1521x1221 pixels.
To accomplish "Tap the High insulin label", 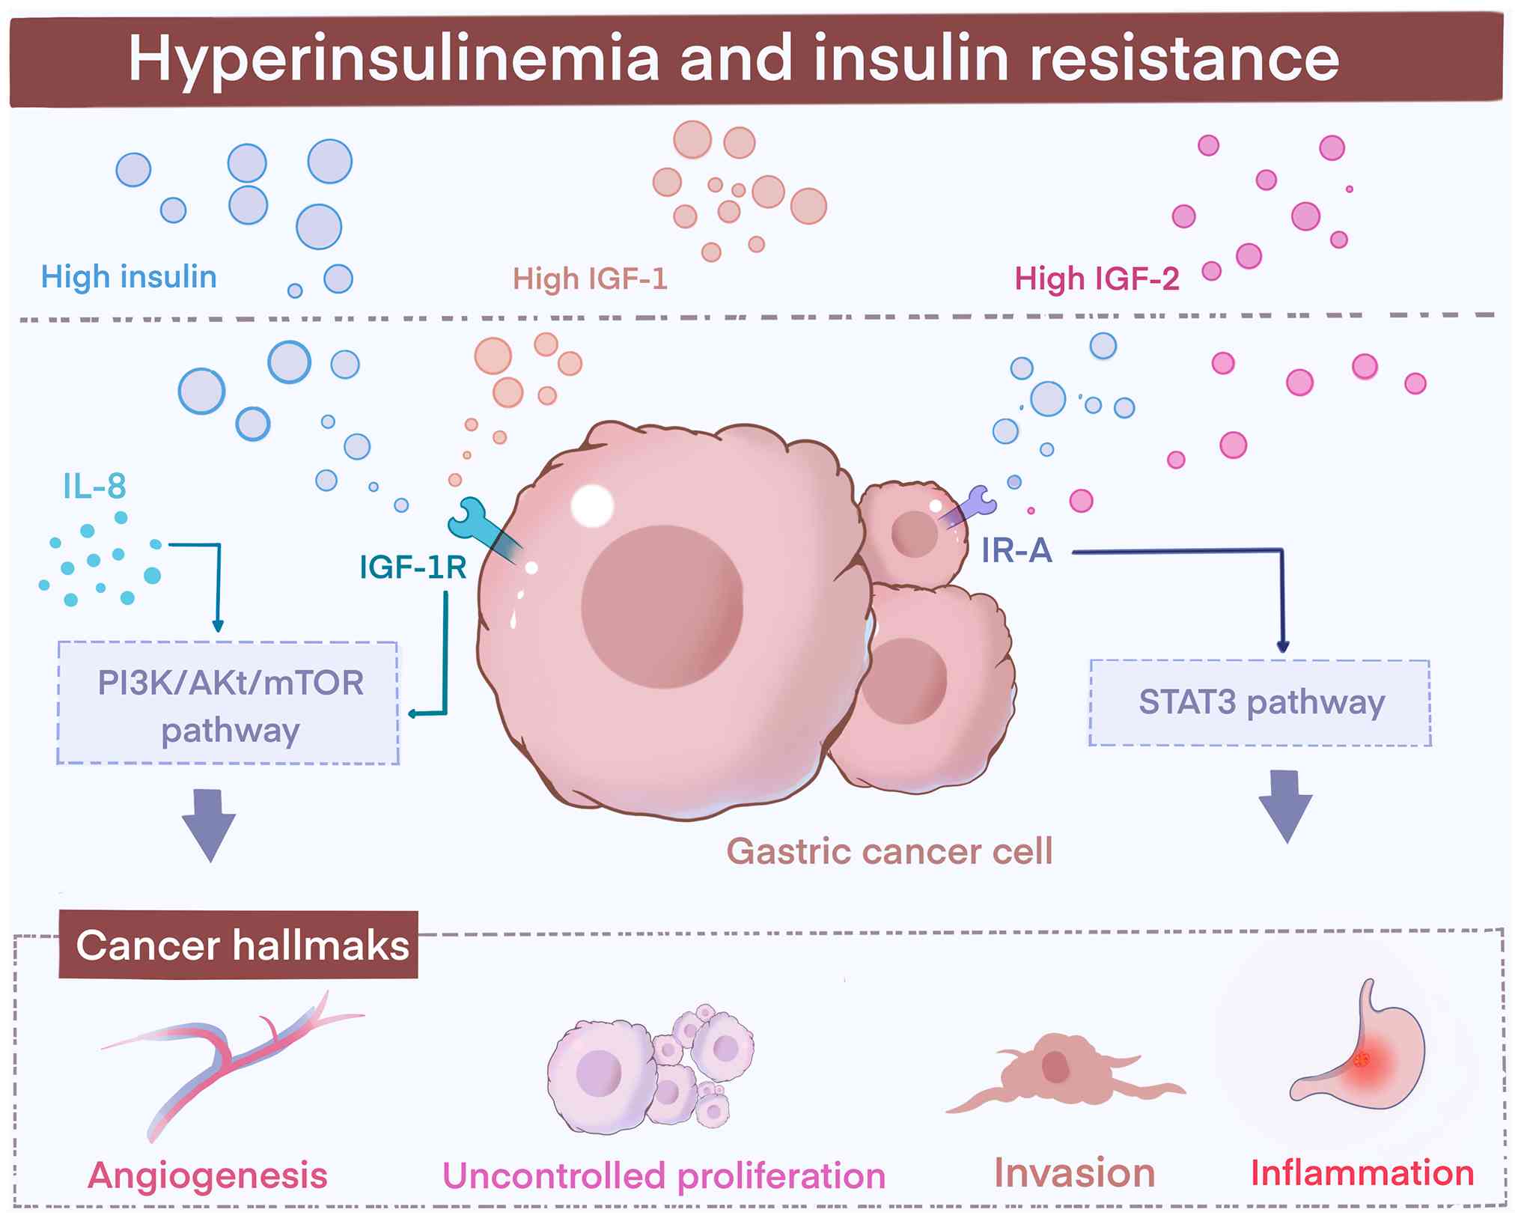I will point(129,277).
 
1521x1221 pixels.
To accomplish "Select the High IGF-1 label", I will point(590,278).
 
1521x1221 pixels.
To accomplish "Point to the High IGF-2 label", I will point(1097,278).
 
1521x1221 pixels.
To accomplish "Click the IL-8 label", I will point(94,487).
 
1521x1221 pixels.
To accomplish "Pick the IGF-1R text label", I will point(413,567).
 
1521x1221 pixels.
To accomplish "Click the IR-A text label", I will point(1016,551).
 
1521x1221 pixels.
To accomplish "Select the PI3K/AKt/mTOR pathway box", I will point(228,704).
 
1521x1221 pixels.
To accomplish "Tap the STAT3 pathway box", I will point(1261,702).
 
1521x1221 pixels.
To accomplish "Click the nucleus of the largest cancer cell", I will point(662,606).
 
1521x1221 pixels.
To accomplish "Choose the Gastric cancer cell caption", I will point(889,851).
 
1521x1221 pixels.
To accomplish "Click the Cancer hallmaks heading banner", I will point(240,945).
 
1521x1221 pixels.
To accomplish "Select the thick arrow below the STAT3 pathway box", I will point(1285,806).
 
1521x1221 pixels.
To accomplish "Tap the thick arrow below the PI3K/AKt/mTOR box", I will point(209,824).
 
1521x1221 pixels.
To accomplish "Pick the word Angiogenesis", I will point(208,1175).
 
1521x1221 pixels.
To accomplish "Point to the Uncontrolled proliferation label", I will point(664,1175).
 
